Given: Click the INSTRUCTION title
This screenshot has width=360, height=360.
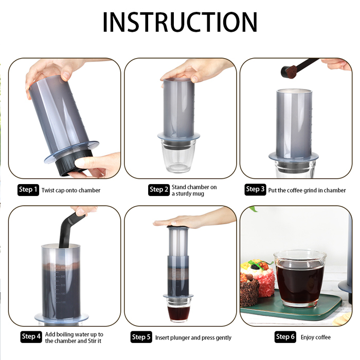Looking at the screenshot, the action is click(x=180, y=22).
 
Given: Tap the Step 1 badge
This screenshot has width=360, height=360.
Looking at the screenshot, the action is click(x=28, y=190).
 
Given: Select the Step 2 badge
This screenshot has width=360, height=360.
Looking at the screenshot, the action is click(x=159, y=190).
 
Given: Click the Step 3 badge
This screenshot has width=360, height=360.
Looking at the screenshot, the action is click(x=255, y=189).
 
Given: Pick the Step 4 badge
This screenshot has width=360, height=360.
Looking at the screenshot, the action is click(x=31, y=337).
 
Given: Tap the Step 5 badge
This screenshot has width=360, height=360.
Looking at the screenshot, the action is click(x=141, y=337).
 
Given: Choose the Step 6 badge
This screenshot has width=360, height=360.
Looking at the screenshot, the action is click(x=285, y=337).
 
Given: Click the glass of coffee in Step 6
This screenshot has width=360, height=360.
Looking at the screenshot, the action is click(x=300, y=278).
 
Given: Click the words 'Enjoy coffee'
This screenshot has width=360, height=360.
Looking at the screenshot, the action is click(x=316, y=337).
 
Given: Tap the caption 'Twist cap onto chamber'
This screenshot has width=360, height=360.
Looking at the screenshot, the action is click(x=71, y=190).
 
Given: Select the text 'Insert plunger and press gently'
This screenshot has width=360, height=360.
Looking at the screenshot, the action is click(x=193, y=338).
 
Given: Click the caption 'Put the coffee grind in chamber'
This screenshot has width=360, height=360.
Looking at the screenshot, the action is click(x=307, y=190).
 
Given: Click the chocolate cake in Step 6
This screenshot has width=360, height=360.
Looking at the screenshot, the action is click(x=249, y=292).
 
